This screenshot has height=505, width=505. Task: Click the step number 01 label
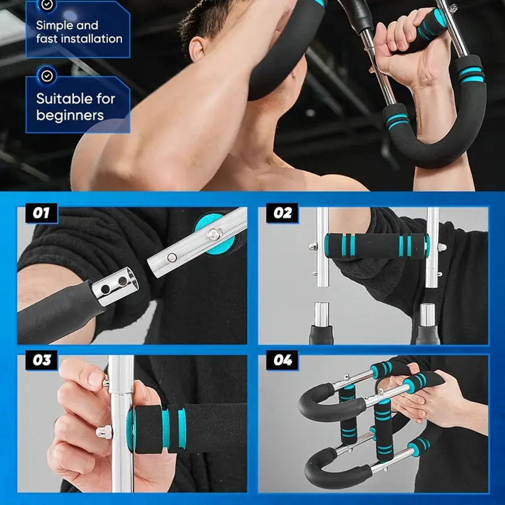click(x=41, y=213)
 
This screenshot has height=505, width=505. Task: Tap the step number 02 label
click(x=282, y=213)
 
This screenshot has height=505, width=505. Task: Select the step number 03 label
click(x=41, y=361)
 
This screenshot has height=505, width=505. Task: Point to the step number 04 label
click(x=282, y=361)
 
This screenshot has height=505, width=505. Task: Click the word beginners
click(x=70, y=115)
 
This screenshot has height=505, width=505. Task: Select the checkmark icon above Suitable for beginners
click(x=47, y=76)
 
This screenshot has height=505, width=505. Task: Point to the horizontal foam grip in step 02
click(x=376, y=246)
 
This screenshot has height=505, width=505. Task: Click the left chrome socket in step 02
click(x=322, y=314)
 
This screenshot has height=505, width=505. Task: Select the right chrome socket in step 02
click(x=428, y=314)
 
